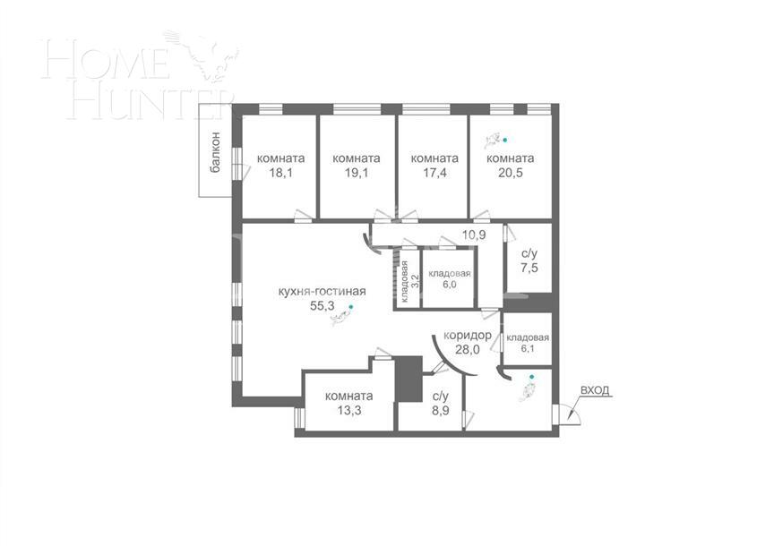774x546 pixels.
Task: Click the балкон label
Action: pos(215,151)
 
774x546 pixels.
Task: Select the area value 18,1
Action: pos(274,175)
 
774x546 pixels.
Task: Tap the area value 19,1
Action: pos(356,175)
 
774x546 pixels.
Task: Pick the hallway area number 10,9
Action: pos(474,235)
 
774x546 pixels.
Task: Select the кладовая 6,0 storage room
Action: pos(449,278)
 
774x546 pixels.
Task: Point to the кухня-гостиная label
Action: pos(321,290)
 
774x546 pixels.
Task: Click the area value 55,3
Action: pos(322,305)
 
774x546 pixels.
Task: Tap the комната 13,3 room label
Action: pos(348,404)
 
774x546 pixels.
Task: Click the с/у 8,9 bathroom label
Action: pos(440,404)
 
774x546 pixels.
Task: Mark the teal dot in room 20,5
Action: pos(505,140)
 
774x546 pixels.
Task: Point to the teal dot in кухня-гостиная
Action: pos(351,306)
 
